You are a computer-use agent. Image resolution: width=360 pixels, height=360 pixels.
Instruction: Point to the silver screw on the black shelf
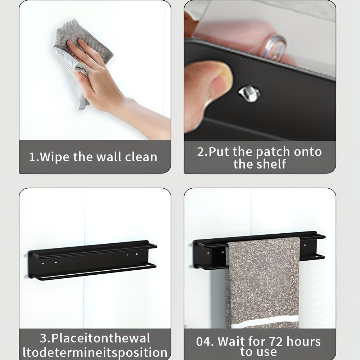(x=249, y=93)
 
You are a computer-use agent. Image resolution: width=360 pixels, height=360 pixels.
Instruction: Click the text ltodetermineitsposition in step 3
(x=95, y=352)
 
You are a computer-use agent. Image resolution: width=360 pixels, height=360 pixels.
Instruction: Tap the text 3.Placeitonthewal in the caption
(x=95, y=338)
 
